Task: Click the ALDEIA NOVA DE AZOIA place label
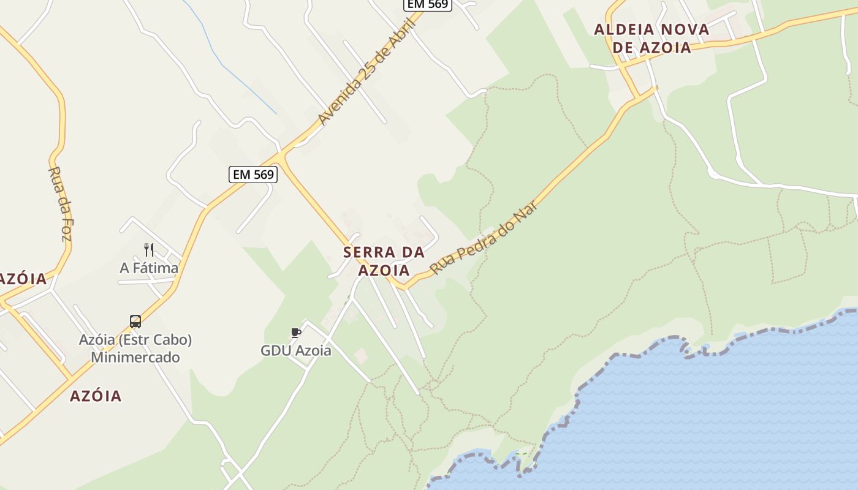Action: tap(651, 38)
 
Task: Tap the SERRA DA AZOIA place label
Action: tap(384, 261)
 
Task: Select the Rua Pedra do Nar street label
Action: tap(484, 237)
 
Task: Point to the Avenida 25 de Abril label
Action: tap(366, 72)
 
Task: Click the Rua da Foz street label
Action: tap(58, 203)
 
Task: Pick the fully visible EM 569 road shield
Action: tap(253, 175)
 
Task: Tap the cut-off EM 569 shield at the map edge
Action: tap(428, 4)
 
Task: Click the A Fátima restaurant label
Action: tap(149, 268)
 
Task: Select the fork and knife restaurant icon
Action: tap(148, 249)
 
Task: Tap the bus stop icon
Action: tap(135, 322)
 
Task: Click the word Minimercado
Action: tap(135, 357)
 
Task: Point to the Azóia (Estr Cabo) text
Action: tap(135, 339)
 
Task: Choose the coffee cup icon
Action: tap(296, 333)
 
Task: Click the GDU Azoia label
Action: tap(296, 351)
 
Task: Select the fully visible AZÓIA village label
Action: tap(96, 396)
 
